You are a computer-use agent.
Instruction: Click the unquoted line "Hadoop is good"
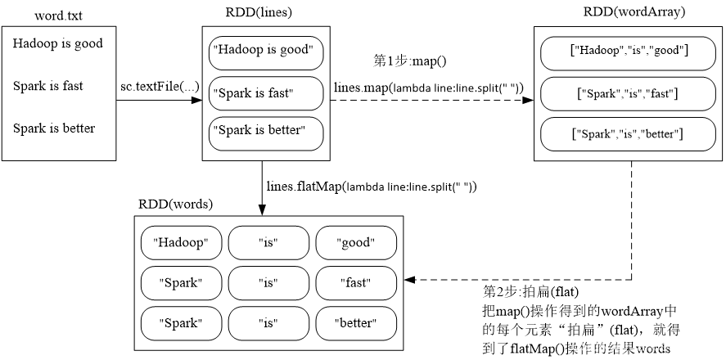point(58,43)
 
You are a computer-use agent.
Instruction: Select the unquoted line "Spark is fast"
point(47,86)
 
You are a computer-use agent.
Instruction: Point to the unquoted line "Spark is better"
point(54,128)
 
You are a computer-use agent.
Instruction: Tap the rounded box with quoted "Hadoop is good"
point(266,52)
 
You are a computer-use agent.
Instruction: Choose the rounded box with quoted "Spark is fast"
point(266,93)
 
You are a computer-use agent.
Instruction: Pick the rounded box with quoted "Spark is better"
point(266,133)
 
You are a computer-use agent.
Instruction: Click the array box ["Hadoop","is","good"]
point(628,52)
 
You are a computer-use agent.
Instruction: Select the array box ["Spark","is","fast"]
point(628,93)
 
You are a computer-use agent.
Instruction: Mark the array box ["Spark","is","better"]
point(628,133)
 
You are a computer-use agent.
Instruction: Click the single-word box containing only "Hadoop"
point(181,243)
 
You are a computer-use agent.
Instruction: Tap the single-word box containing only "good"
point(355,243)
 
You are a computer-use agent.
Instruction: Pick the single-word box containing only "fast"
point(355,283)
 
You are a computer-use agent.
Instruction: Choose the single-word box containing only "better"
point(355,323)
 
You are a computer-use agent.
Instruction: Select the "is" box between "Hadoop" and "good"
point(268,243)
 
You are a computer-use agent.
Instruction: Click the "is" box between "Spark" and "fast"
point(268,283)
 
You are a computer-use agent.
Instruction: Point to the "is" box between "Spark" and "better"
point(268,323)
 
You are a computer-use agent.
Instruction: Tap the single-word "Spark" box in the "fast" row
point(181,283)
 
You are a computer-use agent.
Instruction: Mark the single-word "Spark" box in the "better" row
point(181,323)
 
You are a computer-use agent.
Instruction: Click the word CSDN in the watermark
point(588,346)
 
